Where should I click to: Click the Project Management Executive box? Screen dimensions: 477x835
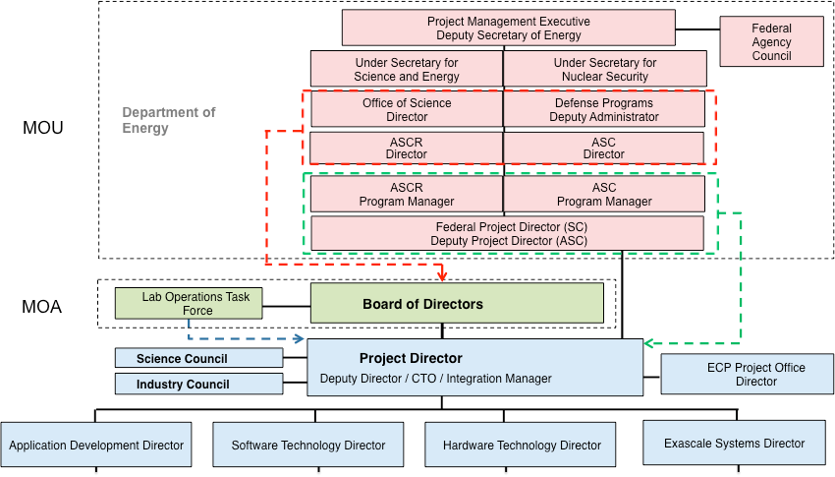tap(508, 28)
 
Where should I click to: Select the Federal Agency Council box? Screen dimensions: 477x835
tap(771, 42)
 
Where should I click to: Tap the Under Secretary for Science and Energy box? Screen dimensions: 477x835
tap(407, 69)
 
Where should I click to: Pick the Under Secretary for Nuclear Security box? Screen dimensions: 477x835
tap(605, 69)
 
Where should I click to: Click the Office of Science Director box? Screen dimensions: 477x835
tap(407, 109)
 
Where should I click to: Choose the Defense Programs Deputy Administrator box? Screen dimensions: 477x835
tap(604, 109)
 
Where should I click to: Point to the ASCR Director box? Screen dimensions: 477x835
tap(407, 149)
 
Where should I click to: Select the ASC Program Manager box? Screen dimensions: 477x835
tap(604, 194)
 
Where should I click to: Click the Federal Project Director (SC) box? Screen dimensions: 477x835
tap(508, 233)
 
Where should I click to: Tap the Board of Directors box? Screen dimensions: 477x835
tap(457, 304)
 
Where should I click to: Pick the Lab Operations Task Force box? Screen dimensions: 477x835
tap(189, 303)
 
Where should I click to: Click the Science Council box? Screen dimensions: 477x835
tap(198, 358)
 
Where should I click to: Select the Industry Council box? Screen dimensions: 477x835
tap(198, 384)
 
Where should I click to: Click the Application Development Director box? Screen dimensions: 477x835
tap(96, 445)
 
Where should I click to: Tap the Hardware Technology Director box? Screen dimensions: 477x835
tap(521, 445)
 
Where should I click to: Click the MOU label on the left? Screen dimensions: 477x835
tap(42, 128)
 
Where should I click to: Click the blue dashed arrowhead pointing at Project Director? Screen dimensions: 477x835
tap(299, 339)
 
